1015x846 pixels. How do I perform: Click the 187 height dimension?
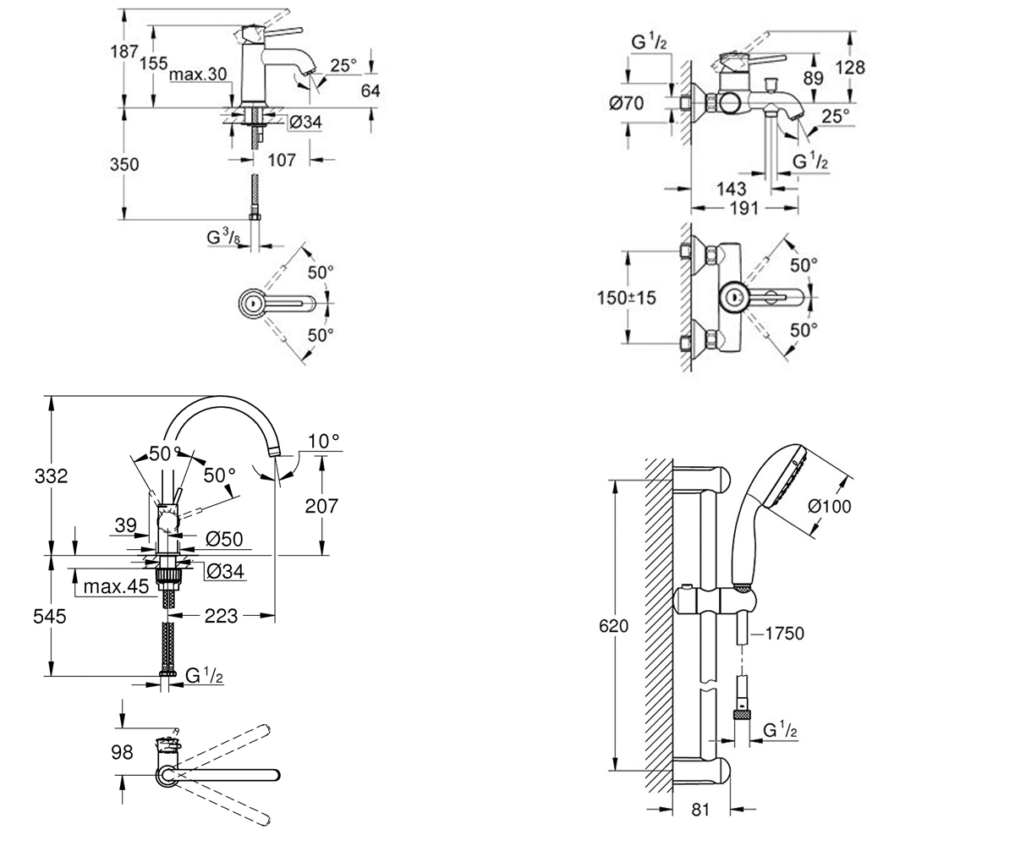pos(124,51)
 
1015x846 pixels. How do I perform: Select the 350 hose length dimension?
pos(124,164)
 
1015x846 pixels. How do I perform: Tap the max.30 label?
pos(198,74)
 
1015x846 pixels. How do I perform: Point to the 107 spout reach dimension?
pos(282,160)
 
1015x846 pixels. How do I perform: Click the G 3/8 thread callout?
pos(223,237)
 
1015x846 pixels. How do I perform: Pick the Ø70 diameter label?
pos(626,103)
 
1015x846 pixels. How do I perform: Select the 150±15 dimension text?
pos(626,298)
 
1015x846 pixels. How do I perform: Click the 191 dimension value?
pos(744,209)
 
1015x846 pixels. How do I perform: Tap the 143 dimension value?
pos(731,189)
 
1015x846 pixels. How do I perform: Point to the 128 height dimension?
pos(850,67)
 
